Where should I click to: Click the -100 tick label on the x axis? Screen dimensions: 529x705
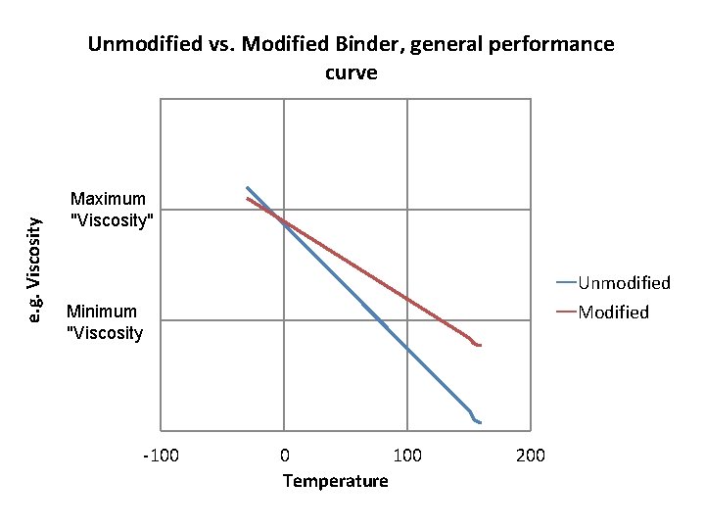point(161,456)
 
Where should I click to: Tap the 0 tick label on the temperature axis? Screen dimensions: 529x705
point(284,456)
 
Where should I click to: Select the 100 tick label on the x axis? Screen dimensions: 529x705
point(407,456)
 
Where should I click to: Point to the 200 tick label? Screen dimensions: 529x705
point(531,456)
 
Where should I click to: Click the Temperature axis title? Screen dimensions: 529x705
point(335,481)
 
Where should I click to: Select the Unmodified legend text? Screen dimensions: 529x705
point(624,283)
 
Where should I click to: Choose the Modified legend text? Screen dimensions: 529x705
point(613,313)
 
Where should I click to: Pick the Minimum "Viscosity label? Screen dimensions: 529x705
point(104,322)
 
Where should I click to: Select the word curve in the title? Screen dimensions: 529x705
point(351,72)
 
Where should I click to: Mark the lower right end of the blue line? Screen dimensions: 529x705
point(480,422)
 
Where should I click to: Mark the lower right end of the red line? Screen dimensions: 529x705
point(480,345)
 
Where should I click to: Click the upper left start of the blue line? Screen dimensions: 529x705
point(247,187)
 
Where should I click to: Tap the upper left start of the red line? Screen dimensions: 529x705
point(247,199)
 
